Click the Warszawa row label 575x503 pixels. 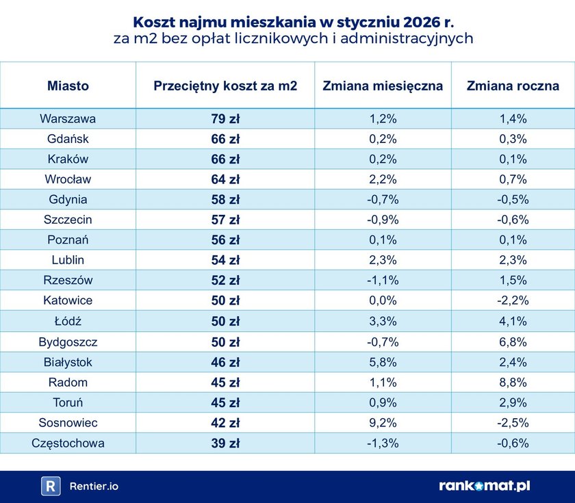pos(68,118)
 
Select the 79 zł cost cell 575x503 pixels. pos(225,118)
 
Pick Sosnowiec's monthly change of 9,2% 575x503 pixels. pos(383,422)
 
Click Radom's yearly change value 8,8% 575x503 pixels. pos(513,382)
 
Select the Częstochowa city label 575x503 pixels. pos(68,443)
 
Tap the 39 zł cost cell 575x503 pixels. pos(225,443)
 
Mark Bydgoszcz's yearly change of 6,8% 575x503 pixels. pos(513,341)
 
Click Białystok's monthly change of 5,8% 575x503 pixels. pos(383,362)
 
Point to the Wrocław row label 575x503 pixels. pos(68,179)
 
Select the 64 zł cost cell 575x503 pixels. pos(225,179)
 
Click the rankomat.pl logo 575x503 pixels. pos(484,486)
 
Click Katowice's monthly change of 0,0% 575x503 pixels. pos(383,300)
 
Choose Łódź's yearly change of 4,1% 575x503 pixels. pos(513,321)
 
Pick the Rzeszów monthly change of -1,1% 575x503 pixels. pos(383,281)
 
